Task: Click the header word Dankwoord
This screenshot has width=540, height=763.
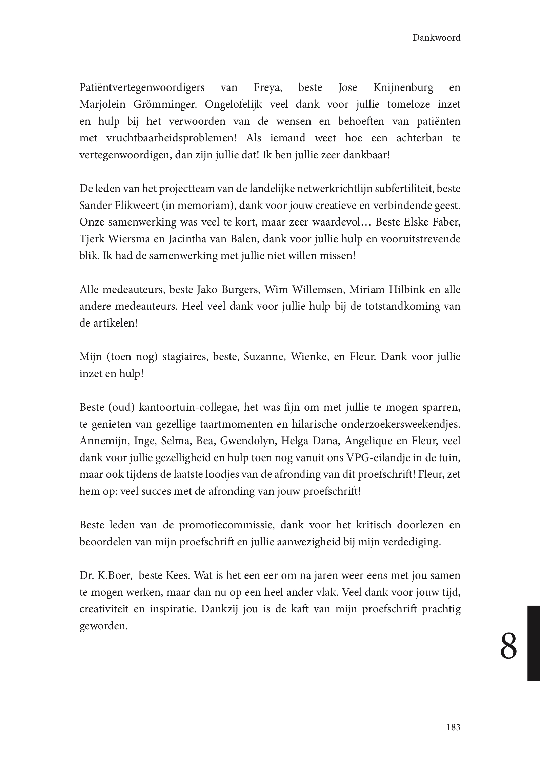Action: tap(436, 38)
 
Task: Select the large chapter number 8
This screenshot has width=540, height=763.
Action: tap(509, 646)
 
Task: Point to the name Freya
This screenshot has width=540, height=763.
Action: tap(268, 88)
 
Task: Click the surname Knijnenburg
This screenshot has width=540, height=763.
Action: tap(403, 88)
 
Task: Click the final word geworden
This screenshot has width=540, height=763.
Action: tap(103, 626)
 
